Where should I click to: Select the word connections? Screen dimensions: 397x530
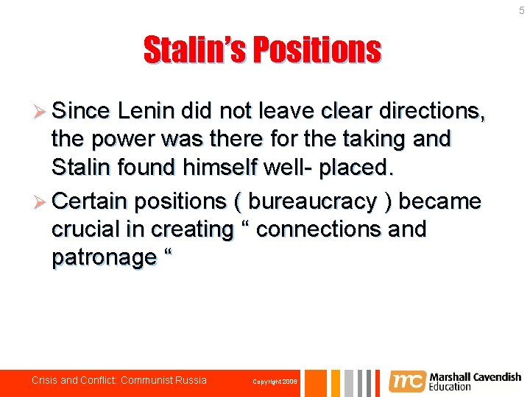click(319, 229)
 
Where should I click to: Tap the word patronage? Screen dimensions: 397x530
click(104, 257)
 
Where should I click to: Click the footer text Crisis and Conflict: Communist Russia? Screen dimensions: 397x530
click(119, 381)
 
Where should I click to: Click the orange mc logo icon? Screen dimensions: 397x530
click(407, 382)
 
